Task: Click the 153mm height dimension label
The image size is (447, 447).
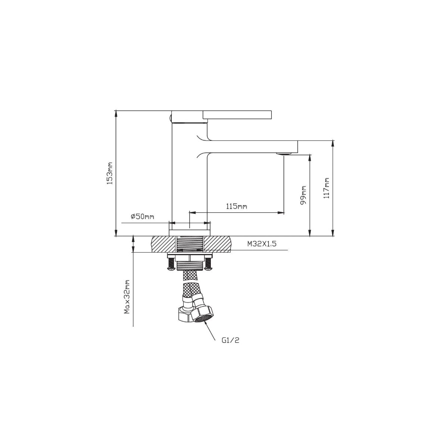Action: pyautogui.click(x=110, y=173)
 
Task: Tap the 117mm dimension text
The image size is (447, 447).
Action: pyautogui.click(x=326, y=188)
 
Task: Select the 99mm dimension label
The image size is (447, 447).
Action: pyautogui.click(x=303, y=195)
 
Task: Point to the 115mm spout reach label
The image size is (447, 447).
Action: pyautogui.click(x=237, y=206)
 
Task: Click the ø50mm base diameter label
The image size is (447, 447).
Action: pyautogui.click(x=142, y=216)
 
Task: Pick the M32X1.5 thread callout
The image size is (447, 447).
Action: pyautogui.click(x=262, y=244)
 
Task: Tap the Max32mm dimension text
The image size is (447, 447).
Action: pyautogui.click(x=127, y=297)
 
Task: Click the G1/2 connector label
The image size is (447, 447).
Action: pyautogui.click(x=230, y=340)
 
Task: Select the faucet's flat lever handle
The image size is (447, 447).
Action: pyautogui.click(x=237, y=115)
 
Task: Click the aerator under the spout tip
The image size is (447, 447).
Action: pyautogui.click(x=284, y=153)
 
